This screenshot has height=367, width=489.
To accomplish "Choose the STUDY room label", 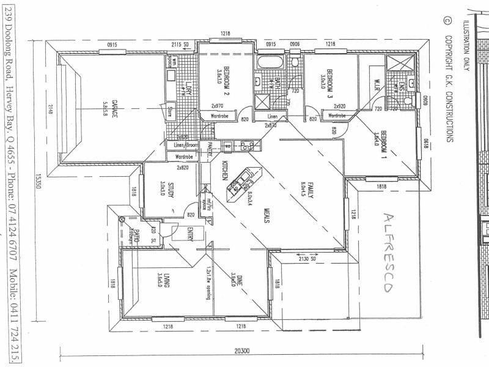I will [x=164, y=190].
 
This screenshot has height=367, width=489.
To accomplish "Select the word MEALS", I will [x=267, y=218].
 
